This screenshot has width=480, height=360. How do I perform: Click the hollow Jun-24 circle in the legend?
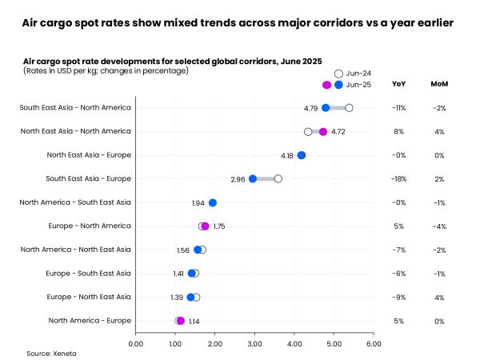[x=338, y=73]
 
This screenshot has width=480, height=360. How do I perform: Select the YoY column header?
[x=398, y=84]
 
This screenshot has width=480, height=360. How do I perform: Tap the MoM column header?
[x=439, y=84]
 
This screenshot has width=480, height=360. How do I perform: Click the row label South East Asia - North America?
[x=75, y=107]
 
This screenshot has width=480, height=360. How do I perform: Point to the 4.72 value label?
[x=338, y=131]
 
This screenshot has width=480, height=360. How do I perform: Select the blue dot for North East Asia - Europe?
[x=302, y=155]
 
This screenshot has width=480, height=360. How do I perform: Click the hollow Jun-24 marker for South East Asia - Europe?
[x=278, y=178]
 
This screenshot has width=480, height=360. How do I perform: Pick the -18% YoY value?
[x=398, y=178]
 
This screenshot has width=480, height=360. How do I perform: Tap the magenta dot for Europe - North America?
[x=205, y=226]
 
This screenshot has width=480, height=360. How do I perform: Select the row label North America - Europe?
[x=89, y=321]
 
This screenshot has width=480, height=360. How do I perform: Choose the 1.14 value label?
[x=194, y=321]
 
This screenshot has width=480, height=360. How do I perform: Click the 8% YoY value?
[x=398, y=131]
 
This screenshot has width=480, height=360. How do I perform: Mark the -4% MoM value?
[x=439, y=226]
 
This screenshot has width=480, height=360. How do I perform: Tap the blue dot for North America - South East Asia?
[x=213, y=202]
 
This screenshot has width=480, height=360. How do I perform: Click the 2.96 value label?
[x=238, y=178]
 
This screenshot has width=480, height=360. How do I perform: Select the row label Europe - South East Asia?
[x=86, y=274]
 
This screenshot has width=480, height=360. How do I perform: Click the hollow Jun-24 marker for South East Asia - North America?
[x=349, y=107]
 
